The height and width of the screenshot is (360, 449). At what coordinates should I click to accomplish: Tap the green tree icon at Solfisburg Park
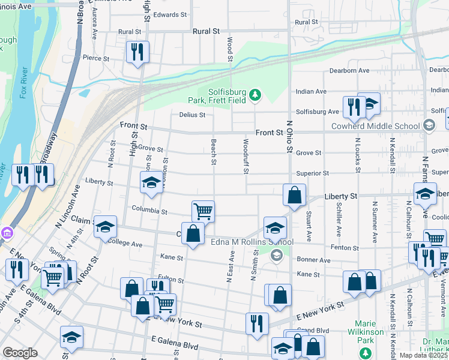256,95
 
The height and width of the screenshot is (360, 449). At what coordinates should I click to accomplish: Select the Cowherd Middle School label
376,126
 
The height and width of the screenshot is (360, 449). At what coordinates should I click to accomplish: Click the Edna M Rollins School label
243,242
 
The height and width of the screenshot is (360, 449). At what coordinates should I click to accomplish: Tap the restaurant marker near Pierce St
137,52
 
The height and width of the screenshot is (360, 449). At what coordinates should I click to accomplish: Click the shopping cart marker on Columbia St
203,211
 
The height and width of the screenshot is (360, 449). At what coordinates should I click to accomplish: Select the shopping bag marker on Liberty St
295,195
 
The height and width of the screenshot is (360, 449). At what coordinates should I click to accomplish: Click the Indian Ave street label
311,92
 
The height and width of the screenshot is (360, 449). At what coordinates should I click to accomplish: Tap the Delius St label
192,115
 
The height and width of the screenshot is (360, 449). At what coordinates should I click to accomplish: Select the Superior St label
313,173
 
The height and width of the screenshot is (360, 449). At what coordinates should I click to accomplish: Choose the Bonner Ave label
314,260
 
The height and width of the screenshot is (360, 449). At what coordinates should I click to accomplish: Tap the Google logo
20,353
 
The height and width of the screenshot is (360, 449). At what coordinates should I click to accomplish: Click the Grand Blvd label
318,331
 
